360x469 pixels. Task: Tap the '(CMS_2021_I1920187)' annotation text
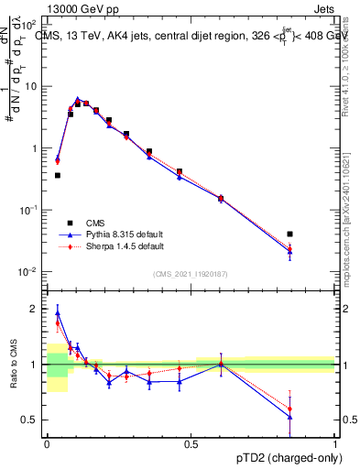pyautogui.click(x=191, y=273)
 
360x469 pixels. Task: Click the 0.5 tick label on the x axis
pyautogui.click(x=191, y=443)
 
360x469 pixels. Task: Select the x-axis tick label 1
pyautogui.click(x=334, y=443)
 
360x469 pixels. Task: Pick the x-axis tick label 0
pyautogui.click(x=47, y=443)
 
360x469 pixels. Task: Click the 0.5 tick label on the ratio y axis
pyautogui.click(x=30, y=420)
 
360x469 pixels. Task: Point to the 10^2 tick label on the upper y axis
pyautogui.click(x=29, y=24)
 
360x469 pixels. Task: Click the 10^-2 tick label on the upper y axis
pyautogui.click(x=29, y=271)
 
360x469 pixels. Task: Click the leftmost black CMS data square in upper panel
pyautogui.click(x=58, y=175)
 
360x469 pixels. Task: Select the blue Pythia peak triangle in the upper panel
pyautogui.click(x=78, y=99)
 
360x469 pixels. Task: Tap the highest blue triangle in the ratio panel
pyautogui.click(x=58, y=312)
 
